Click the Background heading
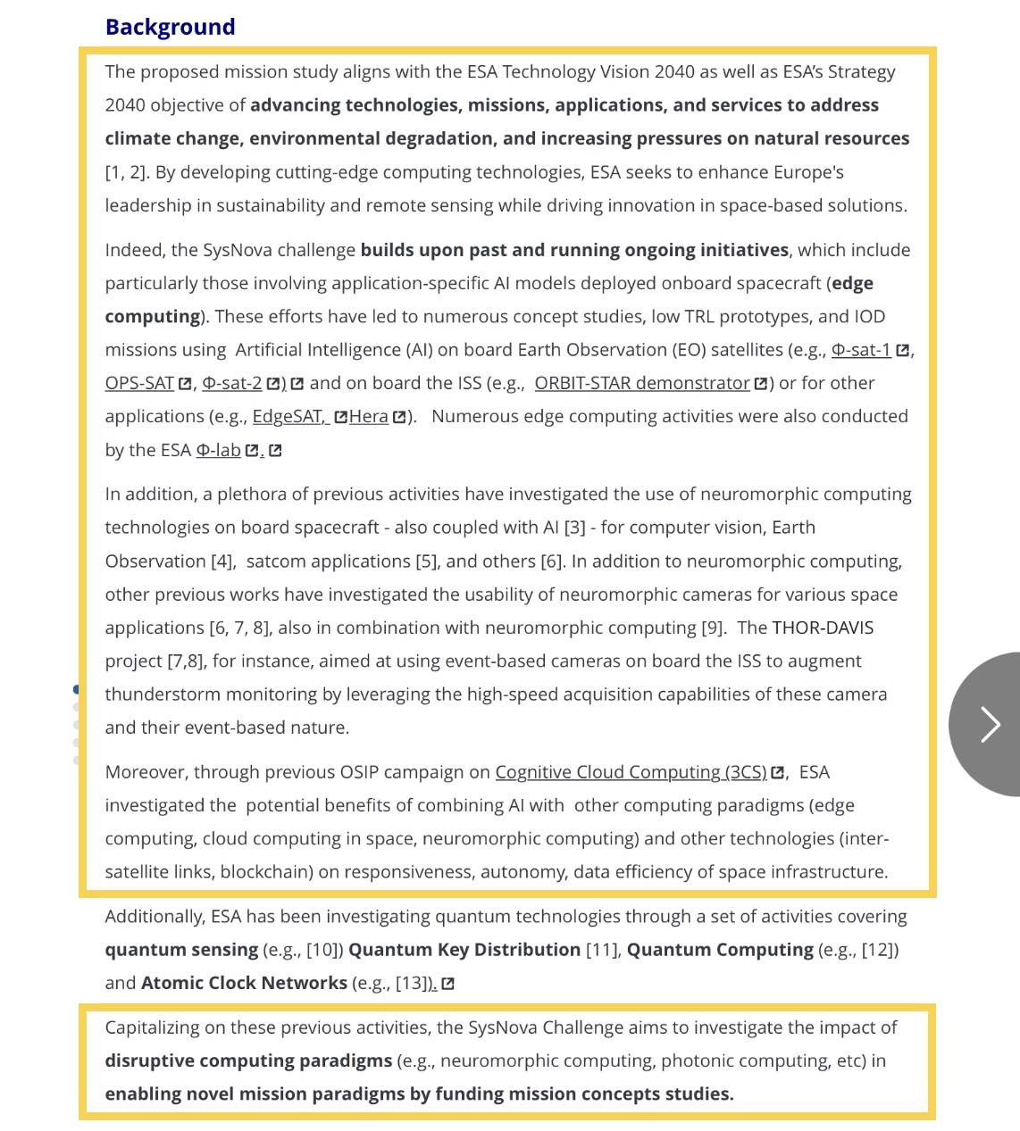[x=170, y=27]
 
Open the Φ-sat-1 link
[x=860, y=350]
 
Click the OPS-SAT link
[x=139, y=383]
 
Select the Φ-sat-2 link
[x=232, y=383]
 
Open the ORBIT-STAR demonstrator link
[x=641, y=383]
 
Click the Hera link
[x=368, y=416]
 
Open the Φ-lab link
[x=218, y=450]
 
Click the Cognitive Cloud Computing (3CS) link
[x=631, y=772]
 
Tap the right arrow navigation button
[x=989, y=724]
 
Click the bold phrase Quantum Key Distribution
[x=464, y=950]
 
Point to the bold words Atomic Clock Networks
[x=244, y=983]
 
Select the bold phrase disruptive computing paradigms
[x=248, y=1060]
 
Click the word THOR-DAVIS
[x=823, y=628]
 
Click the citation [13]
[x=410, y=983]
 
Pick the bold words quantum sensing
[x=181, y=950]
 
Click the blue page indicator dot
[x=76, y=689]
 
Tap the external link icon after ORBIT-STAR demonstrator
[x=760, y=384]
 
